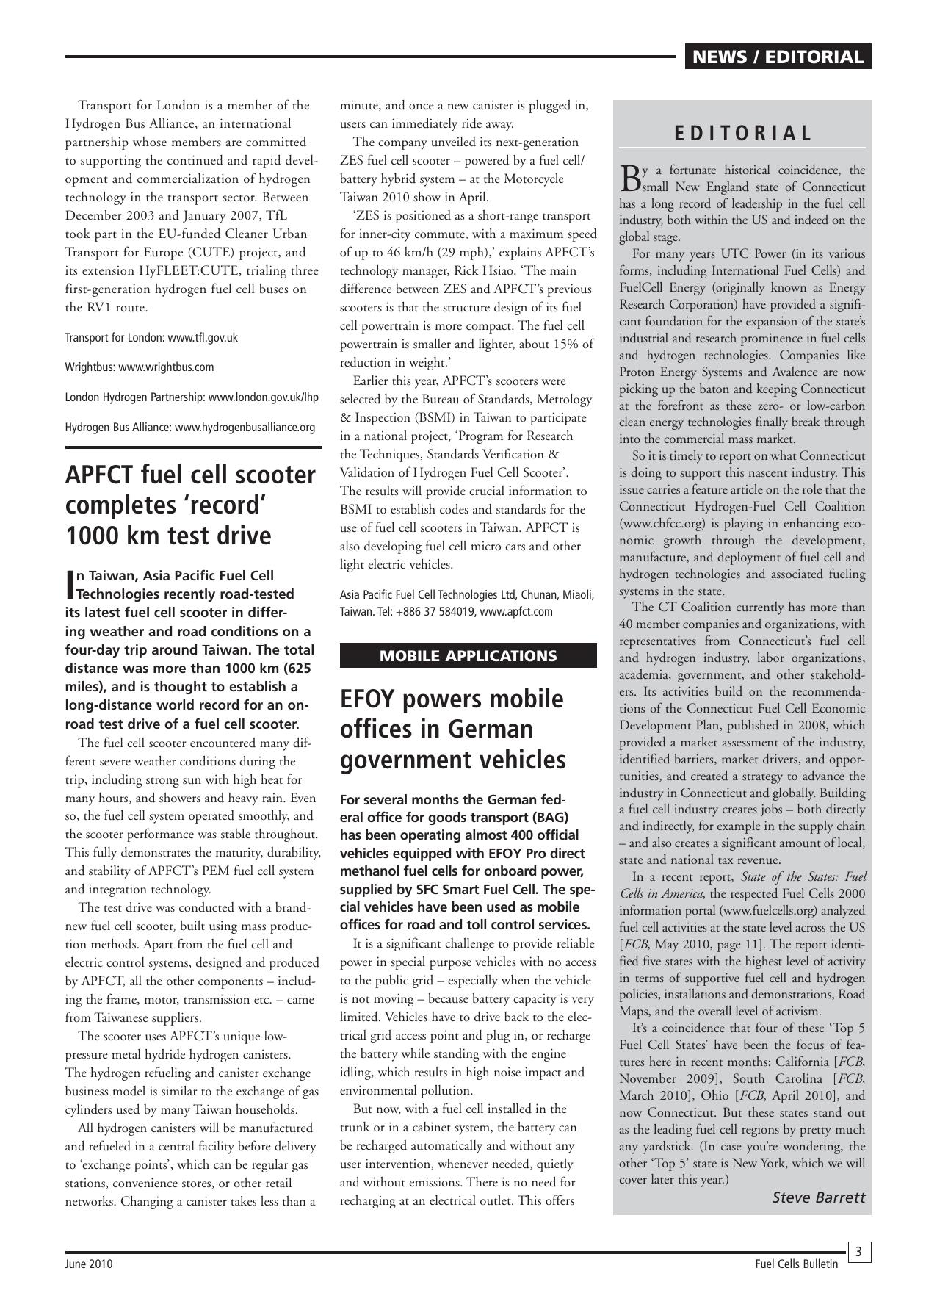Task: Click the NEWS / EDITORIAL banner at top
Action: coord(778,57)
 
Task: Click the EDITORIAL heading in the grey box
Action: coord(742,134)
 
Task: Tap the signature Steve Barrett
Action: coord(818,1197)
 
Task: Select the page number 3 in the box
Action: coord(858,1251)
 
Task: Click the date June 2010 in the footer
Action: coord(89,1264)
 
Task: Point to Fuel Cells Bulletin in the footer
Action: coord(796,1264)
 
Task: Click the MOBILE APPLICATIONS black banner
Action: coord(468,656)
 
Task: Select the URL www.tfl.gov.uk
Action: coord(203,338)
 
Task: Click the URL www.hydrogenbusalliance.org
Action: coord(245,428)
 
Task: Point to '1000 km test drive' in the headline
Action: coord(168,536)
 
